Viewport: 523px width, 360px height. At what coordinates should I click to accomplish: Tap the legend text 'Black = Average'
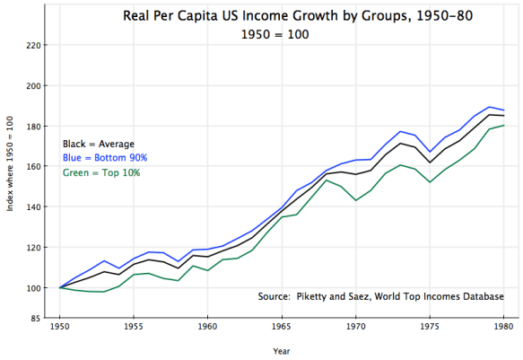pos(98,144)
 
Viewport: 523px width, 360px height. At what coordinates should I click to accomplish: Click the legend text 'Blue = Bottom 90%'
pos(104,158)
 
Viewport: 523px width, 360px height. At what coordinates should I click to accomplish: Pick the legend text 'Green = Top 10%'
pos(100,172)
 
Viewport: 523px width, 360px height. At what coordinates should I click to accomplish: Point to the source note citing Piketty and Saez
pos(380,297)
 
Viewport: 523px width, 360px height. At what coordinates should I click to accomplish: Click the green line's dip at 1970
pos(356,200)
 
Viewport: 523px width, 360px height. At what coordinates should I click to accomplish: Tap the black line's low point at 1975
pos(431,162)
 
